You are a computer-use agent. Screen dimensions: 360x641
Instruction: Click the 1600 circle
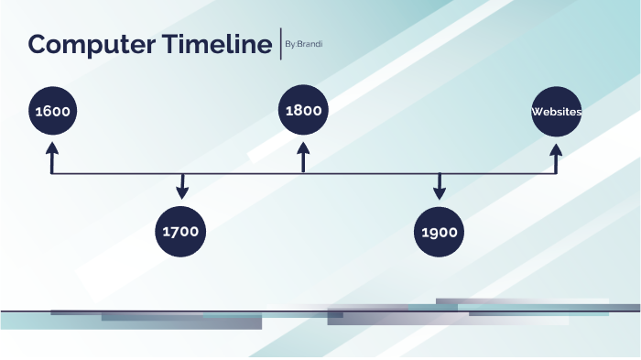point(52,112)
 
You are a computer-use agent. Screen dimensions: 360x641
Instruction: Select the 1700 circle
point(180,231)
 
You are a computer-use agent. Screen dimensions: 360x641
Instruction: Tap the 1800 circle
point(304,111)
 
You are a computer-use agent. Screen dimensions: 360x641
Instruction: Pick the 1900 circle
point(440,231)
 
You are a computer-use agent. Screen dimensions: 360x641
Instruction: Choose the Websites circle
point(556,112)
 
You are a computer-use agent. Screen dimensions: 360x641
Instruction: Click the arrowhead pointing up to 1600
point(52,147)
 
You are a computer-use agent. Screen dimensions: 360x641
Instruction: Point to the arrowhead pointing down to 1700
point(182,193)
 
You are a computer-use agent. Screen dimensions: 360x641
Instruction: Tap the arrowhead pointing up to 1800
point(304,147)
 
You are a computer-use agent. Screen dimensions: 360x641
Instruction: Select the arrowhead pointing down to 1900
point(440,193)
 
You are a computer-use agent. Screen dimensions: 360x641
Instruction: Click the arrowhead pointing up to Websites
point(556,147)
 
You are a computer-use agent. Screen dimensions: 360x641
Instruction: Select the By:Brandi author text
point(303,44)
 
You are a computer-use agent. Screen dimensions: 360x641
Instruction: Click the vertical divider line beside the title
point(280,44)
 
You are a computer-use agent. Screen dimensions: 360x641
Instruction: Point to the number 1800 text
point(304,111)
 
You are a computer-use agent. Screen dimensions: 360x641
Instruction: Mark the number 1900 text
point(440,232)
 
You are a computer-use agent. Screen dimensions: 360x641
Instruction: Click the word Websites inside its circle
point(556,112)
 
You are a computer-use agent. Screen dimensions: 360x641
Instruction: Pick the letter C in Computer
point(38,44)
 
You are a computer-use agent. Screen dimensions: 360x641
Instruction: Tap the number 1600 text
point(52,112)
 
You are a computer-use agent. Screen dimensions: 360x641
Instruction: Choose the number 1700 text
point(180,232)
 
